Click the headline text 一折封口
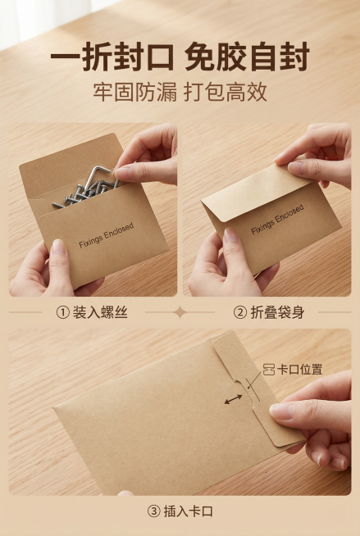(x=113, y=58)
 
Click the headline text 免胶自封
(x=247, y=58)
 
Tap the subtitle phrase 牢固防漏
(x=131, y=91)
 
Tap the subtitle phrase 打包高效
(x=229, y=91)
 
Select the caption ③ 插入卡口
(x=180, y=511)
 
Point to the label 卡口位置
(x=299, y=370)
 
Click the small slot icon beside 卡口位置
(x=267, y=370)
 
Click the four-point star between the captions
(x=180, y=312)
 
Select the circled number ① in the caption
(x=62, y=312)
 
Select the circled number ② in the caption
(x=240, y=312)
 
